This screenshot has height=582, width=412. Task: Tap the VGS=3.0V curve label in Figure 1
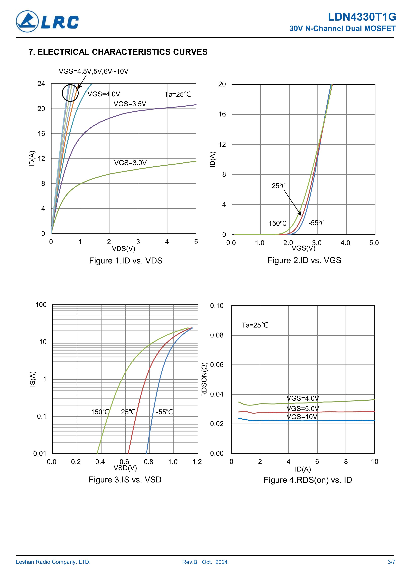[130, 163]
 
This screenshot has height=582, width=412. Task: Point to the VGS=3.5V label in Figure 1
[130, 104]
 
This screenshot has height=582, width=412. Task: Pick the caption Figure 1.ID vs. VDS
[125, 261]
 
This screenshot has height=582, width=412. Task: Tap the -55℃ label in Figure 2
[316, 223]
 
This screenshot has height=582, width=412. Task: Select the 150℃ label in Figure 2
[277, 224]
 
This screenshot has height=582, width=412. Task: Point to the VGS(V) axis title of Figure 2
[303, 248]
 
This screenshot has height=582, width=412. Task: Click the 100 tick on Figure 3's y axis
[41, 305]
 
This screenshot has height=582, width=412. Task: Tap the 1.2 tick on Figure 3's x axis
[197, 462]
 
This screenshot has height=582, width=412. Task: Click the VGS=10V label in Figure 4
[302, 417]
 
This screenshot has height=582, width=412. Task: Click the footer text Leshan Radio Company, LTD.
[53, 562]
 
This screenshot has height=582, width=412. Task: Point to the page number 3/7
[391, 562]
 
